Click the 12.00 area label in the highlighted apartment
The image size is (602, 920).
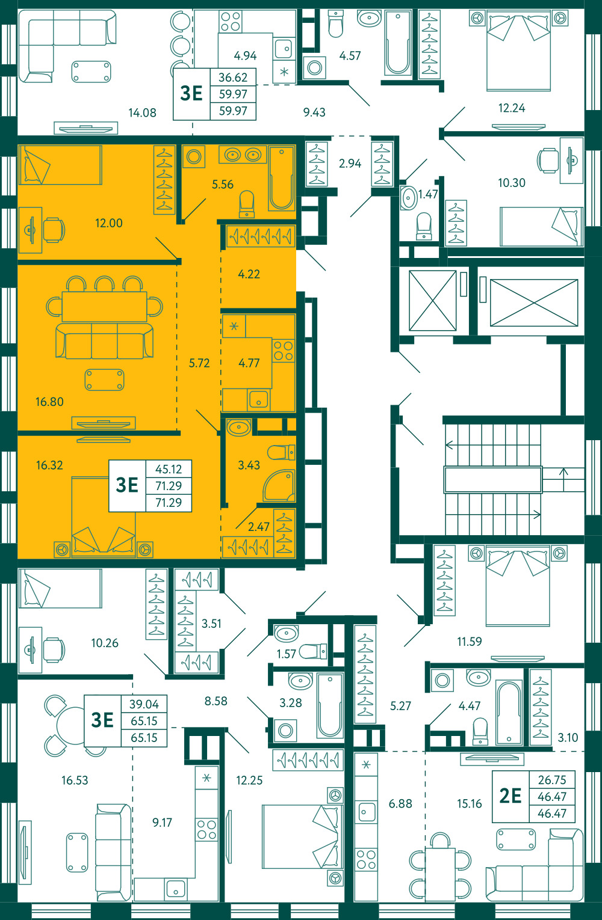(x=109, y=223)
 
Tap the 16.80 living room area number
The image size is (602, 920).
(x=49, y=402)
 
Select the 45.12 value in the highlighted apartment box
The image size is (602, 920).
(x=169, y=469)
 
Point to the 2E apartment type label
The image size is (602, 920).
(x=510, y=796)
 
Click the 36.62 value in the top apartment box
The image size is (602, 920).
(x=233, y=77)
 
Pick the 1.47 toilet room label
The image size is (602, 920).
(x=428, y=194)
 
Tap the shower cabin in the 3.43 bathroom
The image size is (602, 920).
(x=279, y=485)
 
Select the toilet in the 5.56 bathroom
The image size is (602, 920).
(x=247, y=204)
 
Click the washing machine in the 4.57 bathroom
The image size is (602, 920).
(x=315, y=67)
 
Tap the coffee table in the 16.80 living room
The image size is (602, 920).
(x=104, y=379)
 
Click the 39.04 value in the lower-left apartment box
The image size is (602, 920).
(x=144, y=704)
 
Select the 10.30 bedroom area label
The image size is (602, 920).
(x=512, y=183)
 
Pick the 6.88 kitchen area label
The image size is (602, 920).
(x=400, y=803)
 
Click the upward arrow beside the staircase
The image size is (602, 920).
(x=563, y=480)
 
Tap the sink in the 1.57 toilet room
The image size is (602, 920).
(x=287, y=633)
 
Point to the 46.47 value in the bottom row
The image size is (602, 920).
(x=552, y=813)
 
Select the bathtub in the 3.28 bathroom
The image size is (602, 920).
(x=330, y=704)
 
